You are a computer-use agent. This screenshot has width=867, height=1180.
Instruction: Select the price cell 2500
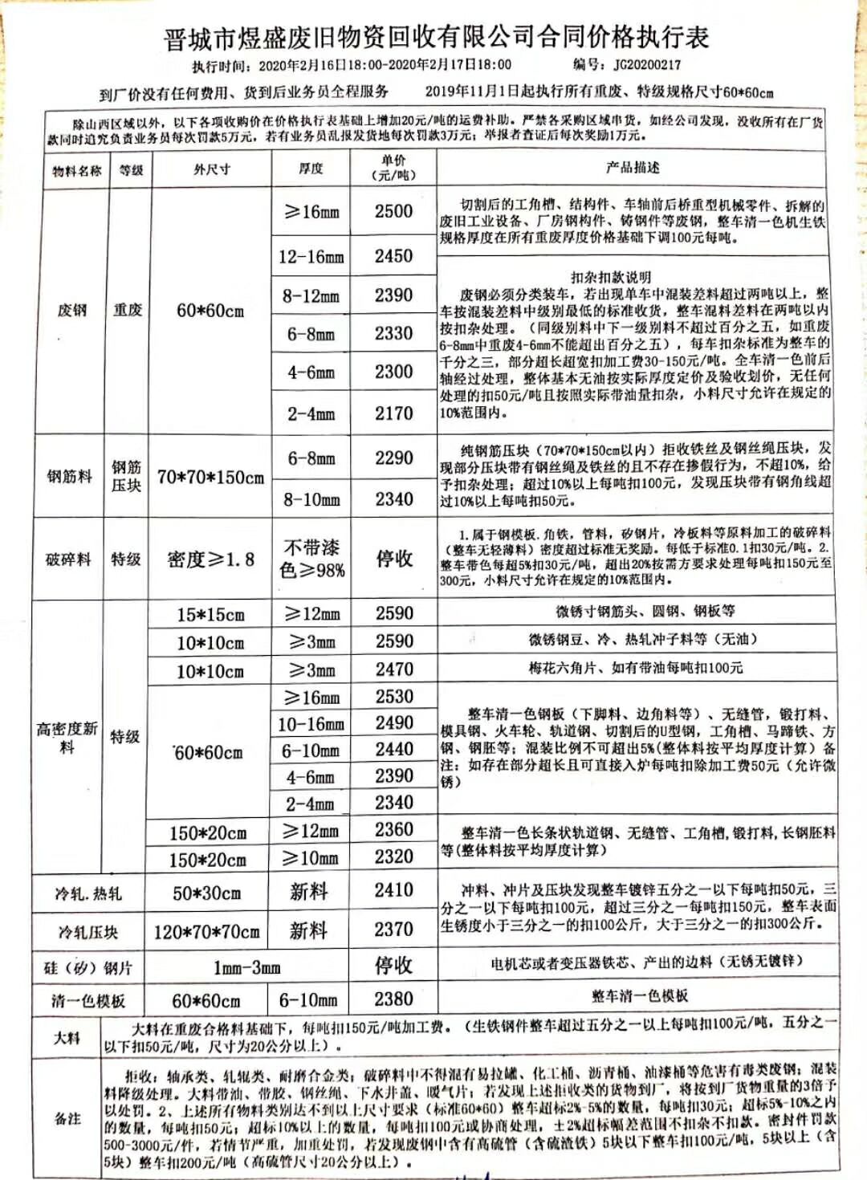[x=393, y=211]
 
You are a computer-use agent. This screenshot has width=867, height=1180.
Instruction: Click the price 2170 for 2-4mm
[x=393, y=413]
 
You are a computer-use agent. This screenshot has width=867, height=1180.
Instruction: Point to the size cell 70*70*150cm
[x=210, y=477]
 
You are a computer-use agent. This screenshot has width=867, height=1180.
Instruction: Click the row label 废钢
[x=71, y=310]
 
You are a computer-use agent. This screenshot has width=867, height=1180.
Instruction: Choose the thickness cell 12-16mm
[x=311, y=257]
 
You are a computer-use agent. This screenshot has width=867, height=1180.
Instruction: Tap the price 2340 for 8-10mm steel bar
[x=393, y=499]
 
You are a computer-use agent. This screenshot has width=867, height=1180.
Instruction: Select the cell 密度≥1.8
[x=210, y=559]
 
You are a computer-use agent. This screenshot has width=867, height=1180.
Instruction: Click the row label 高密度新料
[x=67, y=737]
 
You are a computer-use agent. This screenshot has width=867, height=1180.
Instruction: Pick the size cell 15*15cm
[x=210, y=615]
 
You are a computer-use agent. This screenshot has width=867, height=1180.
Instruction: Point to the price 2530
[x=393, y=697]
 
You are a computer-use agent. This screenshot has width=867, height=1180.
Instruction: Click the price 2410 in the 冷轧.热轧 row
[x=393, y=890]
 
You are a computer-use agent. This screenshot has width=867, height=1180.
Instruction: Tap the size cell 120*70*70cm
[x=206, y=932]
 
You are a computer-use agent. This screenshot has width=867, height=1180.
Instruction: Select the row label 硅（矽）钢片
[x=88, y=967]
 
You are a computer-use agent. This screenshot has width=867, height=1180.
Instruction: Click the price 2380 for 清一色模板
[x=393, y=999]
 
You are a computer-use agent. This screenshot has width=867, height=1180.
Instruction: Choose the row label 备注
[x=67, y=1118]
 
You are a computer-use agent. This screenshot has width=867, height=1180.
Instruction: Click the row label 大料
[x=67, y=1037]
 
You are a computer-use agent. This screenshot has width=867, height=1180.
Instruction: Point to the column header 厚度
[x=311, y=169]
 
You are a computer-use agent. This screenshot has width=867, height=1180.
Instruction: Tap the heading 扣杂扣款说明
[x=610, y=277]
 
